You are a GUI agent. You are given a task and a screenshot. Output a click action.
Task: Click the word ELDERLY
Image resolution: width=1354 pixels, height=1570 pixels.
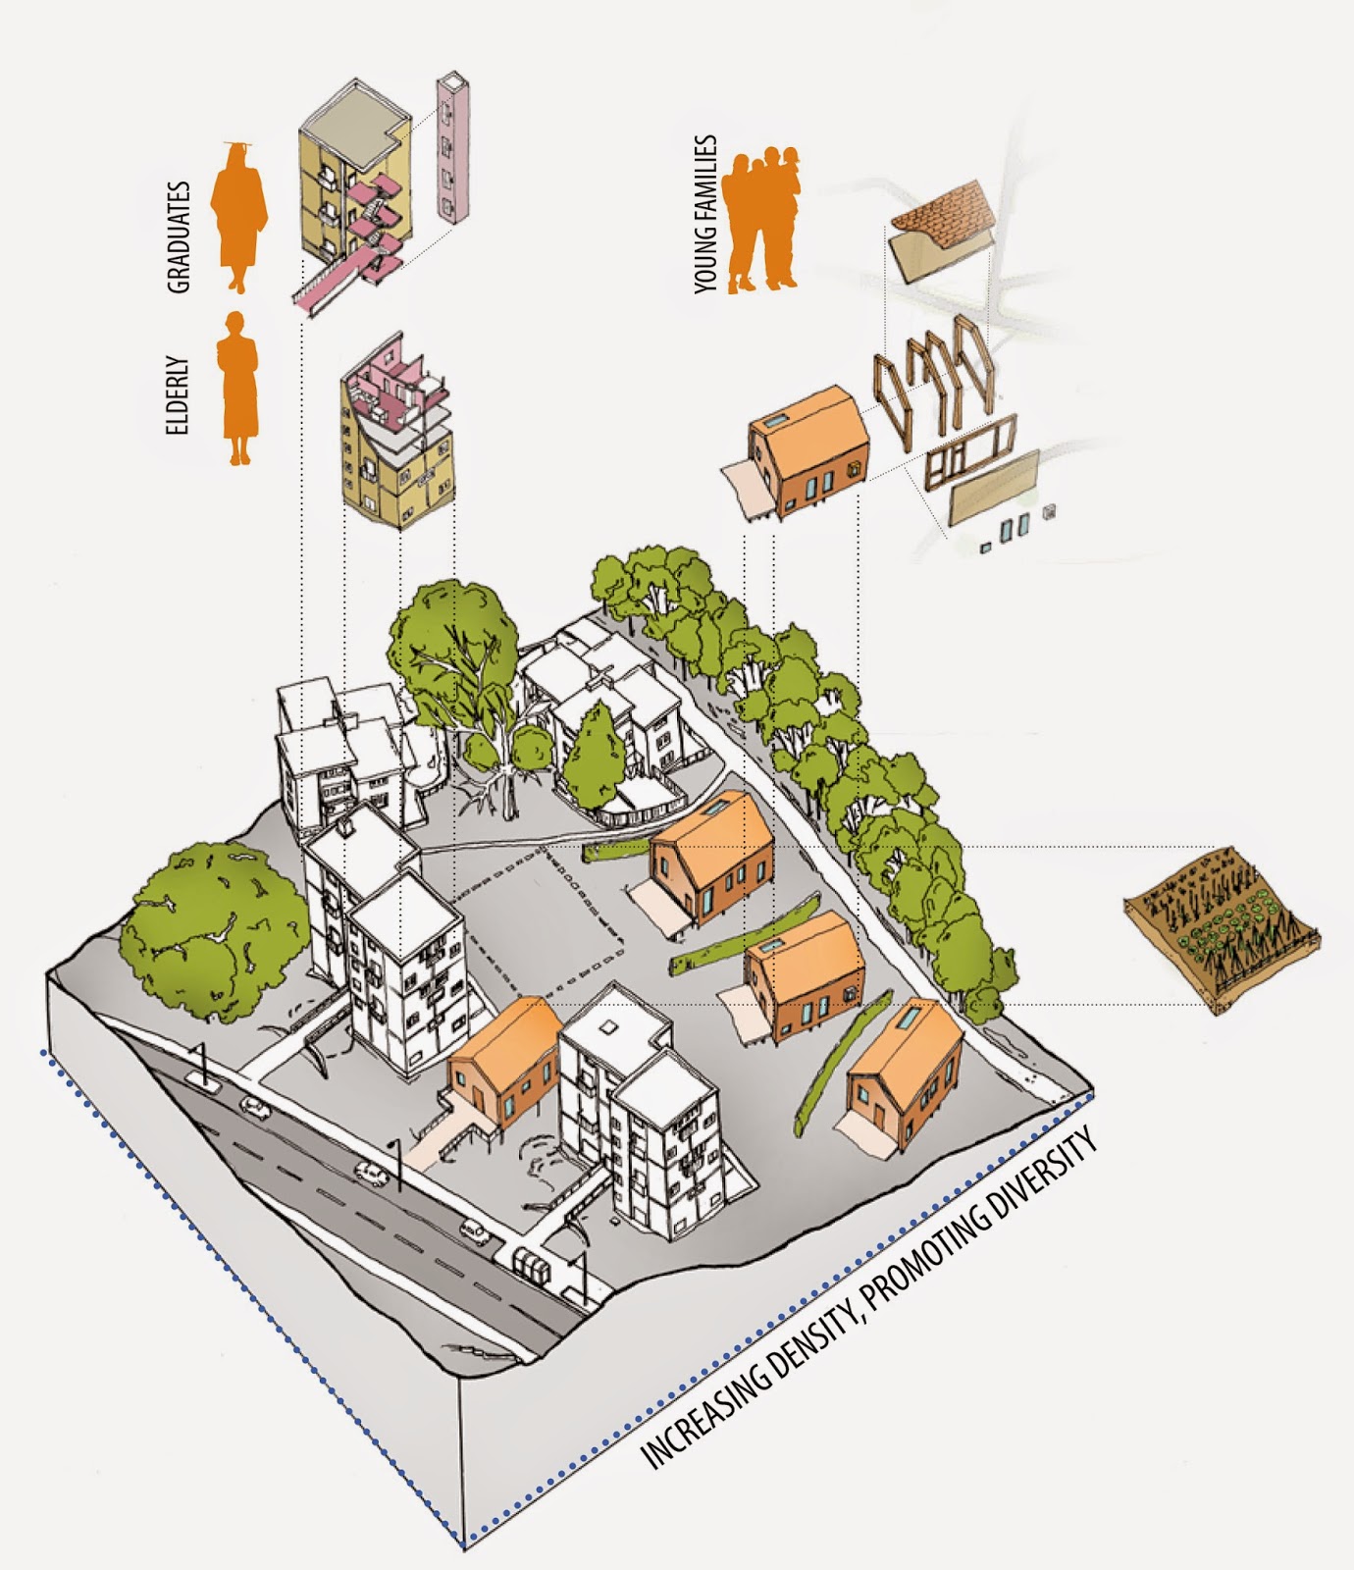[177, 394]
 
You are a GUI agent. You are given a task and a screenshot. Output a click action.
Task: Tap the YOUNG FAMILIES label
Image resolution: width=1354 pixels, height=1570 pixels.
[706, 214]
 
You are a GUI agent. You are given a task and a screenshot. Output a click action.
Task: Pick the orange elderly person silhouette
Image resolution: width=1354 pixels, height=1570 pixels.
[237, 389]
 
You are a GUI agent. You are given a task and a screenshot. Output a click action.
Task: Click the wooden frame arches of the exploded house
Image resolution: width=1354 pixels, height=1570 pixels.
[932, 373]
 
